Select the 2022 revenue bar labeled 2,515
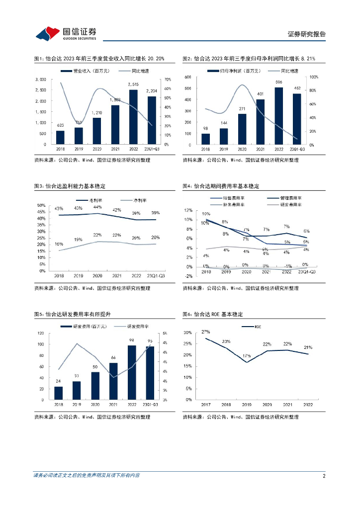click(133, 117)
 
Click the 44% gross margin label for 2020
click(97, 207)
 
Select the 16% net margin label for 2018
click(59, 244)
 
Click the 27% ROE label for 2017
click(206, 332)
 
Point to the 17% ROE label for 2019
click(247, 356)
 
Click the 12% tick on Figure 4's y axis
click(188, 210)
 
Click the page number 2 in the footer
click(324, 476)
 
